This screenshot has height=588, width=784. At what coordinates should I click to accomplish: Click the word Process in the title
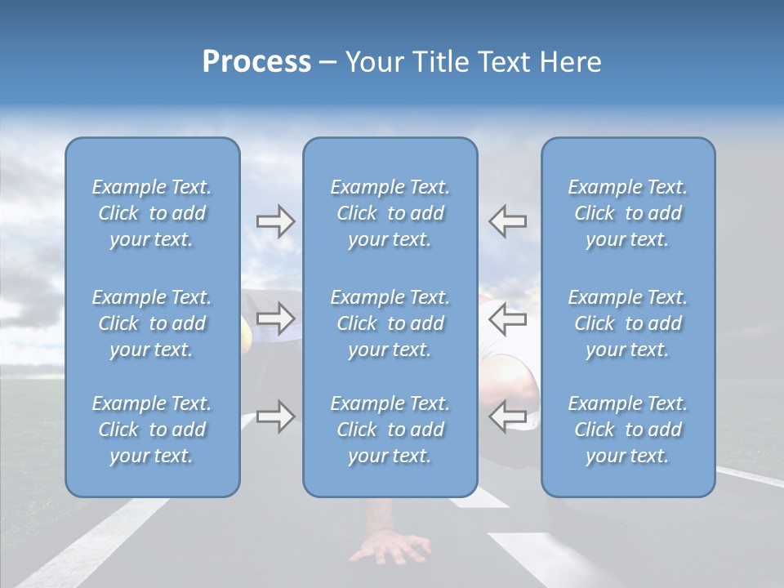coord(256,62)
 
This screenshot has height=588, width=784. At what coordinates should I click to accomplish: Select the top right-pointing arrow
coord(275,221)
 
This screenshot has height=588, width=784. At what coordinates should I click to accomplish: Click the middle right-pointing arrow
coord(275,318)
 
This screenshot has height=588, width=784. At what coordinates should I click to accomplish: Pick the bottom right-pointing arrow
coord(275,416)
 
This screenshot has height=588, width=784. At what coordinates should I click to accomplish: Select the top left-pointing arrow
coord(507,220)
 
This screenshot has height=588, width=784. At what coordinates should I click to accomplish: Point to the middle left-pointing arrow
coord(507,318)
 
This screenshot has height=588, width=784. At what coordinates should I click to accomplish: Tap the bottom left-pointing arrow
coord(507,416)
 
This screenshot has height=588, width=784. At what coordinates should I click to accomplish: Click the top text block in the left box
coord(152,213)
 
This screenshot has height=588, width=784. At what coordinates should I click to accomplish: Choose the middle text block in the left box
coord(152,323)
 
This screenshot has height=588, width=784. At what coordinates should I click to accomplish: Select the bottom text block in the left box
coord(152,430)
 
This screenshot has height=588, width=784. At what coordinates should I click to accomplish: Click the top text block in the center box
coord(390,213)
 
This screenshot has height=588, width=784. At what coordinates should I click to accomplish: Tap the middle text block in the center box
coord(390,323)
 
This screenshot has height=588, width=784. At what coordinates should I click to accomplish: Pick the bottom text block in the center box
coord(390,430)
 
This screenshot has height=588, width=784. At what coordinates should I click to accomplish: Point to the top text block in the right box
coord(628,213)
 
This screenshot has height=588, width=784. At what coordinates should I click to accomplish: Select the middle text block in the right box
coord(628,323)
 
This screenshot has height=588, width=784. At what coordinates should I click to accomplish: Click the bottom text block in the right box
coord(628,430)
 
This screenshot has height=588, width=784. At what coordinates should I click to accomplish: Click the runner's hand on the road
coord(390,547)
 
